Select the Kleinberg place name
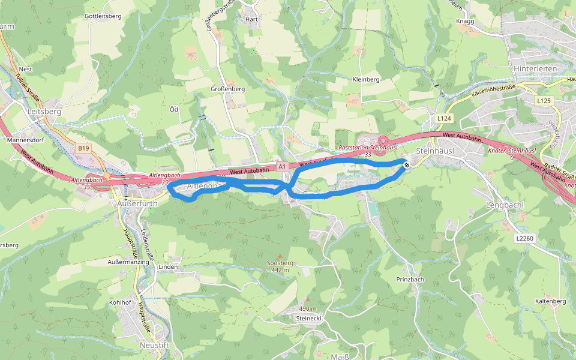[366, 79]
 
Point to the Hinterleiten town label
[533, 69]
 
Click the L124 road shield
[444, 118]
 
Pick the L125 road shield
[544, 100]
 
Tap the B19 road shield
[83, 148]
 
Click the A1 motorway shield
[282, 166]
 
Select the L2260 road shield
[524, 239]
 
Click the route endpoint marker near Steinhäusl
[407, 165]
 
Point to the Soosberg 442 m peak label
[280, 266]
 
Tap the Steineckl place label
[310, 318]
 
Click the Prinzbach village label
[410, 280]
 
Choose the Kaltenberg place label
[551, 301]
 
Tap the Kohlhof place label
[120, 302]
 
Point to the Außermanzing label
[128, 262]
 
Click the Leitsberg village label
[44, 112]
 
